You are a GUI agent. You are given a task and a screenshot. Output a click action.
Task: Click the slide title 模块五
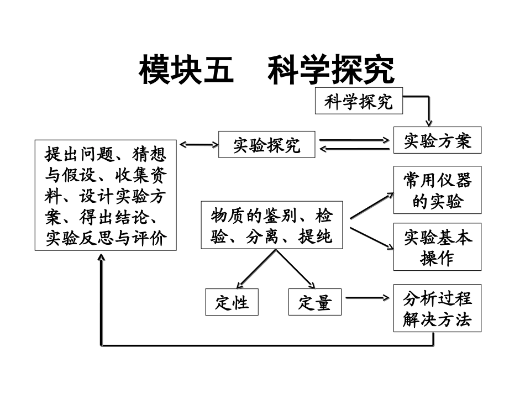tap(186, 71)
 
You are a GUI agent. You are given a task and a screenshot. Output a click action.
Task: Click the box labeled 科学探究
tap(359, 101)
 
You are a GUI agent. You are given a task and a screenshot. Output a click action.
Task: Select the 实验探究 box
tap(267, 145)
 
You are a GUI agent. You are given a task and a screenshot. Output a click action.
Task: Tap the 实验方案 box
tap(437, 141)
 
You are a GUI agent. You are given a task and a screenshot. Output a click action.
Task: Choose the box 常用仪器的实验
tap(437, 190)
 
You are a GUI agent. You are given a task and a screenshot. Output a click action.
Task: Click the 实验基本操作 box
tap(437, 247)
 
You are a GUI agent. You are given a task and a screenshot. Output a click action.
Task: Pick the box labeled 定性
tap(232, 302)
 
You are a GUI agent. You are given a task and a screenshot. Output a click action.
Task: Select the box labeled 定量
tap(315, 302)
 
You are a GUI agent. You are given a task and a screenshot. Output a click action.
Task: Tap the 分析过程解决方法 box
tap(437, 308)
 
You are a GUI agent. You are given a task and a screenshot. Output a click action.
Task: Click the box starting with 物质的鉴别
tap(271, 225)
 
